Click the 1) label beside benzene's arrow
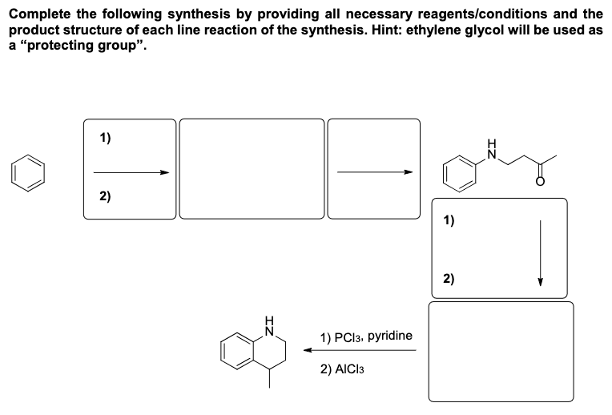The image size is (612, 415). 106,137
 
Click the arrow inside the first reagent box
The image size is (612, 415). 131,171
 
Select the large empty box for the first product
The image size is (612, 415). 252,168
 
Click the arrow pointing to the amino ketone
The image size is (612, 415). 374,171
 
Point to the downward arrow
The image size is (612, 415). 541,252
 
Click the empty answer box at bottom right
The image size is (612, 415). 501,353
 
